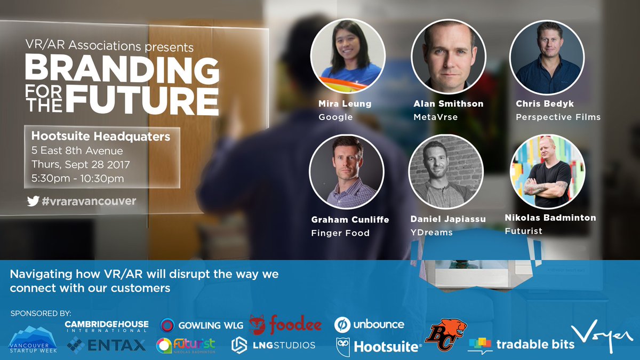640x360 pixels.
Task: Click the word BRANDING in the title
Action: (x=122, y=69)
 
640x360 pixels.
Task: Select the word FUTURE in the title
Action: (x=146, y=99)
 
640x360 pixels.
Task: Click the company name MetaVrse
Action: (x=435, y=117)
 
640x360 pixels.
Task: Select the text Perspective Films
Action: (x=558, y=117)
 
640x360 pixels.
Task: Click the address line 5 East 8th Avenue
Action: (x=77, y=151)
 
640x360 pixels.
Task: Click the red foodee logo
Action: (x=285, y=324)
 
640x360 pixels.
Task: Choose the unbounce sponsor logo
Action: (x=369, y=324)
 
